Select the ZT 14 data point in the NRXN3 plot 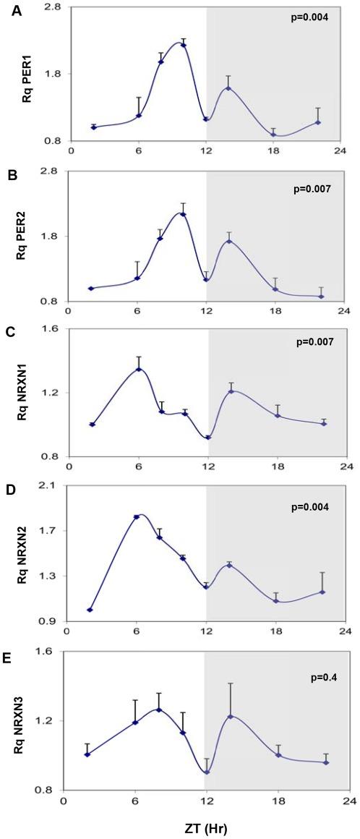[x=231, y=716]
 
